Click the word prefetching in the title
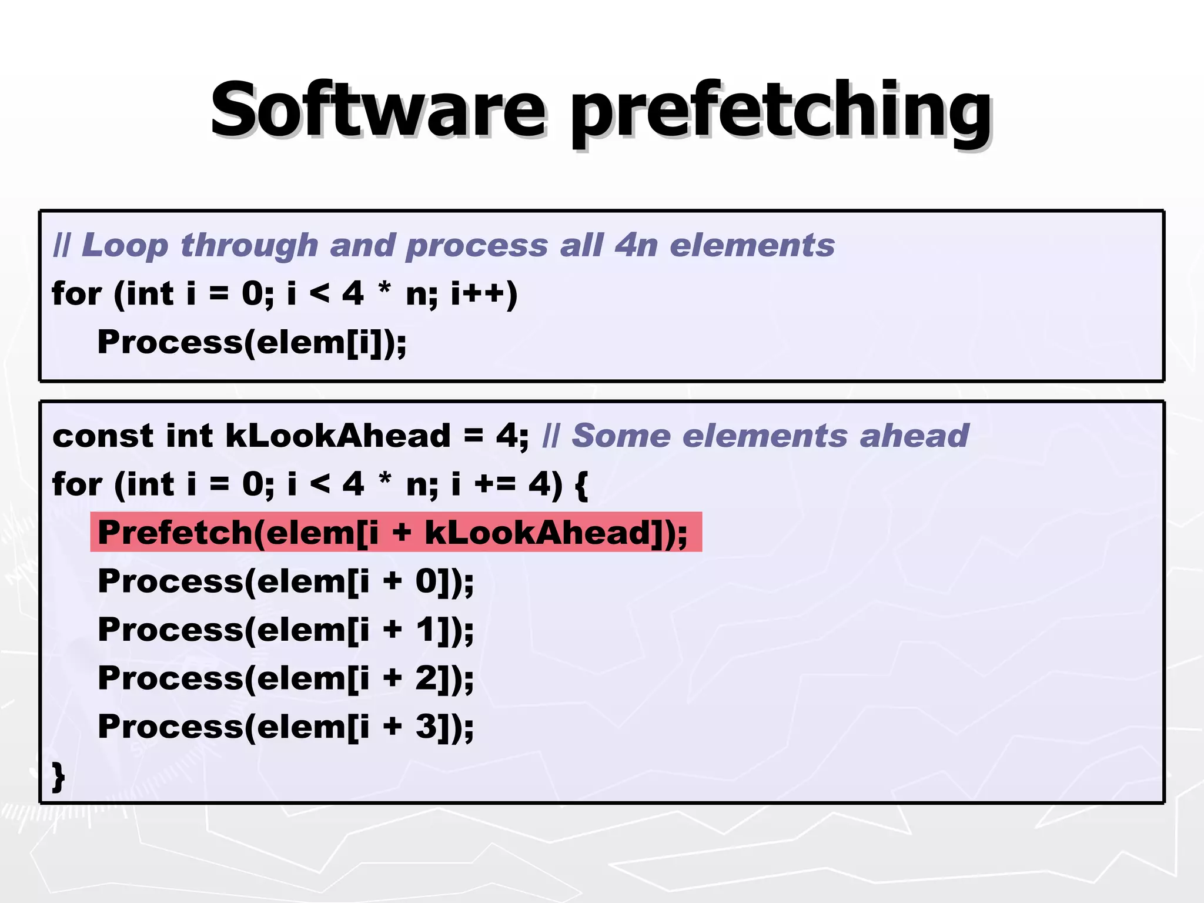click(x=781, y=113)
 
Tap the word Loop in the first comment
click(x=125, y=245)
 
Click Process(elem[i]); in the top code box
click(x=252, y=342)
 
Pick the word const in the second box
click(x=103, y=436)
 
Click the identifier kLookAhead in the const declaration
click(x=338, y=436)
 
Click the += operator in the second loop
click(x=495, y=484)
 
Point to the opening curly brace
click(x=581, y=486)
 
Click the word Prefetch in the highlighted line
click(x=175, y=533)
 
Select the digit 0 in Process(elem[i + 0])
click(x=426, y=581)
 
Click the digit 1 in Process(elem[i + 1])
click(x=426, y=630)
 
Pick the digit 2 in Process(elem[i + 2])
click(x=426, y=678)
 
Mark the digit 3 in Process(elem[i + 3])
click(x=426, y=727)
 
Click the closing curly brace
click(x=58, y=777)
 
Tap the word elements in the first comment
click(x=752, y=245)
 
